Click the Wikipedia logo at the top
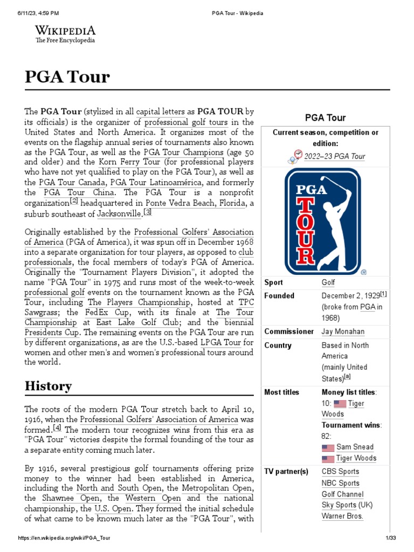click(x=65, y=33)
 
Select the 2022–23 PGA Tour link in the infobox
click(x=335, y=156)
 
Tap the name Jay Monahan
click(x=343, y=332)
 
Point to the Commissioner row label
click(x=289, y=332)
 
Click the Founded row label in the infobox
click(x=279, y=295)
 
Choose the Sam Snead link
click(x=355, y=447)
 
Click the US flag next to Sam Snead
click(x=328, y=447)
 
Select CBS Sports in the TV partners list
click(x=340, y=472)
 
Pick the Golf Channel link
click(x=342, y=494)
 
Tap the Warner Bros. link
click(x=342, y=516)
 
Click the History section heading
click(x=48, y=386)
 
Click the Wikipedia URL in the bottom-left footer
click(x=64, y=539)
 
